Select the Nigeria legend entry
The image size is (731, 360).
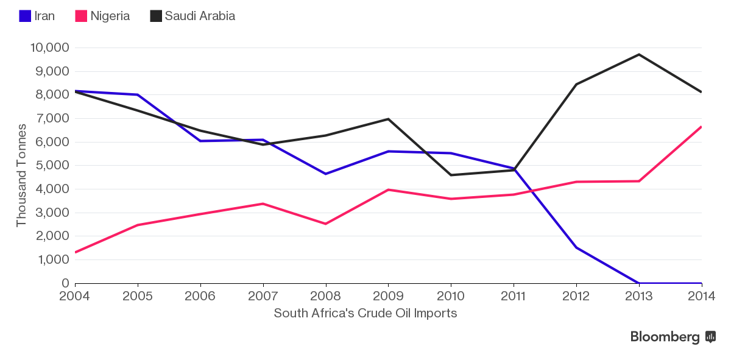(102, 16)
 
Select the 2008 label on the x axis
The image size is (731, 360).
(326, 296)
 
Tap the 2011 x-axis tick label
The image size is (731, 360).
(514, 296)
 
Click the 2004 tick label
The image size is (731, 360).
(76, 296)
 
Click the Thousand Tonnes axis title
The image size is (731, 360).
(21, 175)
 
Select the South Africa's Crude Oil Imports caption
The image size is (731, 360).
(365, 313)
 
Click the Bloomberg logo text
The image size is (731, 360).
(665, 337)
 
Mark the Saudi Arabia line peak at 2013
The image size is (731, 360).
(639, 55)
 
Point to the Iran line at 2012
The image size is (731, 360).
(576, 247)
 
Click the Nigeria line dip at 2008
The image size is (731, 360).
(326, 224)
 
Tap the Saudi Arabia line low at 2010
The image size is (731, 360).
(451, 175)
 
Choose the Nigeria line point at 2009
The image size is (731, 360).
(389, 189)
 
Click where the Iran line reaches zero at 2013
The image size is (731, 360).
(639, 283)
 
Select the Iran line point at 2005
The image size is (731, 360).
(138, 94)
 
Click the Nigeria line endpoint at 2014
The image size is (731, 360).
(701, 127)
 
